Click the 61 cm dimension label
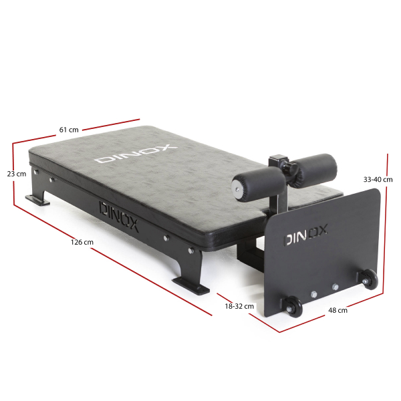pos(69,130)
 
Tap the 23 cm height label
pos(17,174)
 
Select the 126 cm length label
pos(82,242)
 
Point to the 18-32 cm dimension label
pos(239,306)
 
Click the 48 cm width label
pos(338,311)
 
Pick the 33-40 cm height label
pos(378,180)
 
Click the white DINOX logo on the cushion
pos(136,154)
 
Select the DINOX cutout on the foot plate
pos(306,235)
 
